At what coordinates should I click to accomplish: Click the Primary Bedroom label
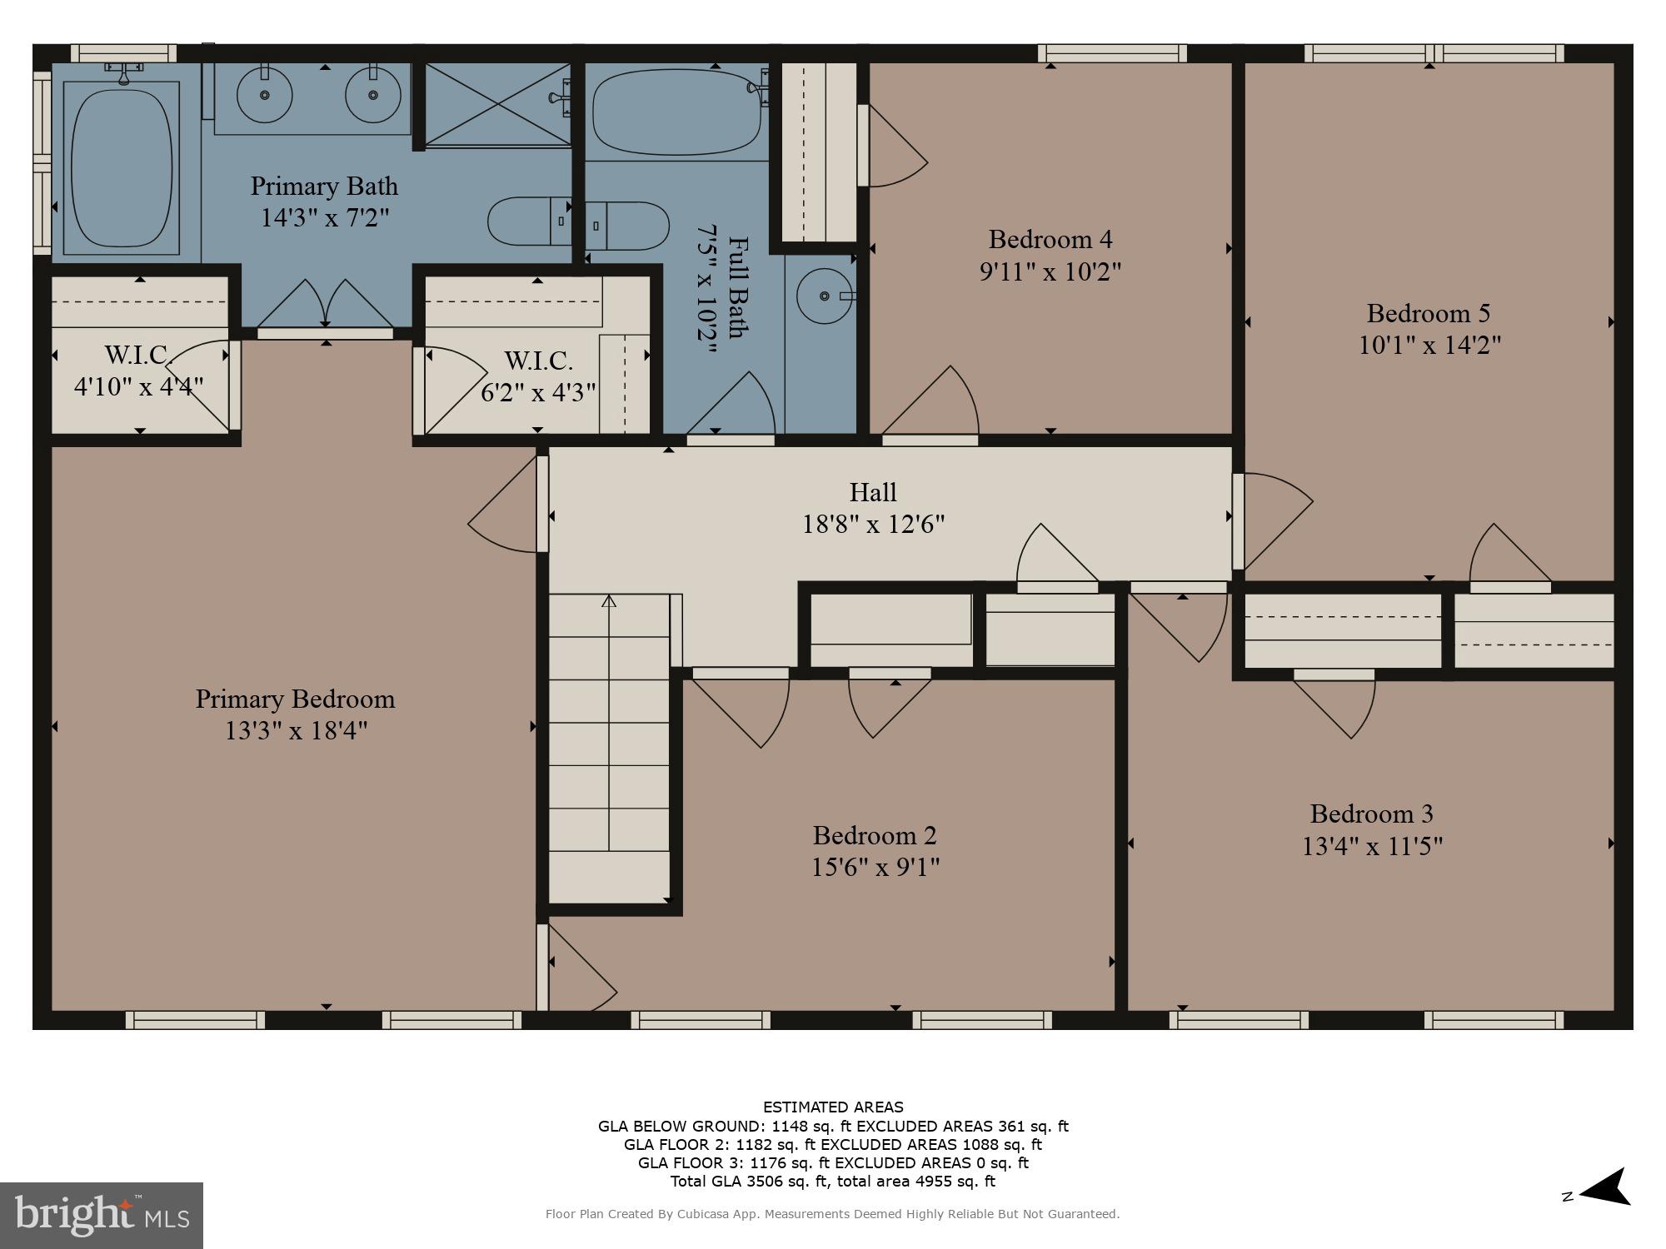pyautogui.click(x=295, y=699)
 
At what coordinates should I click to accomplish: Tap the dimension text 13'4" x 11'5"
pyautogui.click(x=1372, y=846)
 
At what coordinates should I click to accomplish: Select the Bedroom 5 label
pyautogui.click(x=1428, y=313)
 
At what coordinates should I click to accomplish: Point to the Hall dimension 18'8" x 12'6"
pyautogui.click(x=873, y=525)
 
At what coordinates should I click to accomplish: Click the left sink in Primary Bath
pyautogui.click(x=265, y=95)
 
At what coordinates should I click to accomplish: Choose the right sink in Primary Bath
pyautogui.click(x=372, y=95)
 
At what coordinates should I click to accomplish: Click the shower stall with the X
pyautogui.click(x=497, y=104)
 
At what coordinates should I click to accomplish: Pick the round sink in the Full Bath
pyautogui.click(x=824, y=296)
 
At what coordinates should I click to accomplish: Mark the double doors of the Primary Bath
pyautogui.click(x=325, y=305)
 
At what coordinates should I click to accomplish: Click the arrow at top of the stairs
pyautogui.click(x=609, y=600)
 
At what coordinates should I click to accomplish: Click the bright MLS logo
pyautogui.click(x=102, y=1216)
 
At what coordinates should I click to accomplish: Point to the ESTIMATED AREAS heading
pyautogui.click(x=833, y=1107)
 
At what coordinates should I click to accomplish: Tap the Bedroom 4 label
pyautogui.click(x=1050, y=240)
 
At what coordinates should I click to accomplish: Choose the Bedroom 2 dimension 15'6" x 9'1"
pyautogui.click(x=875, y=868)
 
